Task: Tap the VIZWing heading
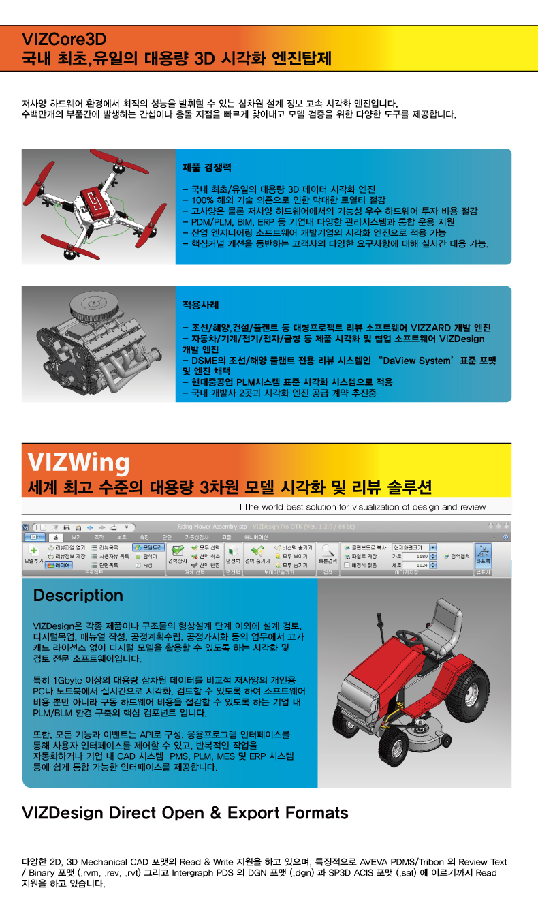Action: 78,463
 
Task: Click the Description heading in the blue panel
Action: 78,595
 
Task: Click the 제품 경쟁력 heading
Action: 207,166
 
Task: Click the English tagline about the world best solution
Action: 362,507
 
